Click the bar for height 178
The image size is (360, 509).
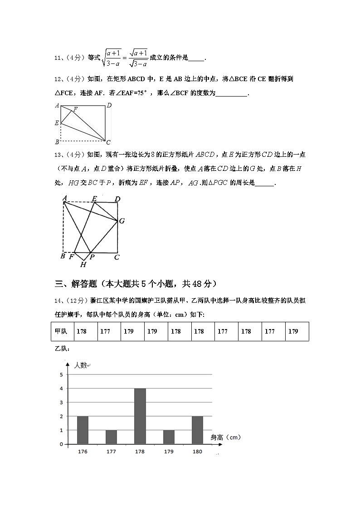click(x=140, y=416)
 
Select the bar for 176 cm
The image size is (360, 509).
click(x=83, y=430)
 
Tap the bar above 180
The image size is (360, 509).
click(x=197, y=430)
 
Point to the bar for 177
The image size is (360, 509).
click(x=111, y=437)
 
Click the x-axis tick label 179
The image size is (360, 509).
click(x=168, y=452)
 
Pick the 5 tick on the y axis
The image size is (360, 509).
click(x=61, y=374)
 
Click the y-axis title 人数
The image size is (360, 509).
click(x=80, y=365)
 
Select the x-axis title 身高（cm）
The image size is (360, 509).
click(x=225, y=437)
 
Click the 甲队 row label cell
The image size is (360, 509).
click(x=61, y=331)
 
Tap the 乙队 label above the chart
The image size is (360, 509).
click(x=61, y=349)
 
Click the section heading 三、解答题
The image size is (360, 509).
click(x=76, y=284)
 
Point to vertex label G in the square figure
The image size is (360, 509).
click(x=122, y=221)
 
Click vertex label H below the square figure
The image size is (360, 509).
click(x=83, y=264)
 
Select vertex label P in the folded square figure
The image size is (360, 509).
click(x=92, y=257)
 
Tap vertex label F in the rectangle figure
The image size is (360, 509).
click(x=75, y=109)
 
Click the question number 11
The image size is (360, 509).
click(x=57, y=58)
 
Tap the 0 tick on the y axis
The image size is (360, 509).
click(x=61, y=444)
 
